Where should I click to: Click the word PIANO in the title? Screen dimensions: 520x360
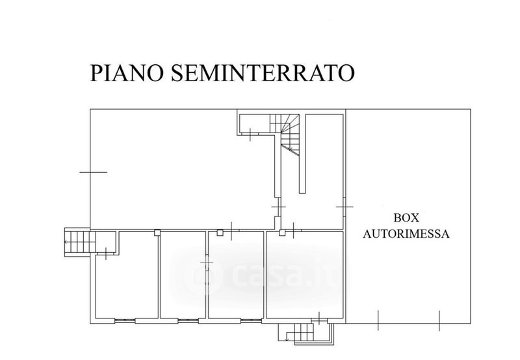127,73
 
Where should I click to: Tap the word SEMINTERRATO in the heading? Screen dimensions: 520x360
263,73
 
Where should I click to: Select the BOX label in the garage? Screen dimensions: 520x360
406,218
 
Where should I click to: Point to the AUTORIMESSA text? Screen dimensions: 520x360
406,234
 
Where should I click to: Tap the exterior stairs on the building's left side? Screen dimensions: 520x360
77,242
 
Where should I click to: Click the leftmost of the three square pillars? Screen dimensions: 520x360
157,233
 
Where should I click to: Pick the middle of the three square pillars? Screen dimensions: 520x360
220,233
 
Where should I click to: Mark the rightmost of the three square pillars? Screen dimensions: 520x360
282,233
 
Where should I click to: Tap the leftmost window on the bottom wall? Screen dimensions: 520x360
125,320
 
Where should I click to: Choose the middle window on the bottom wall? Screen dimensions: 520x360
188,320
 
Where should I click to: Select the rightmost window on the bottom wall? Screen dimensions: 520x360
251,320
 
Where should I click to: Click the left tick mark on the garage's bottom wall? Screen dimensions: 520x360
378,320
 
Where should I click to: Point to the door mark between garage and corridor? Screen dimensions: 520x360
344,207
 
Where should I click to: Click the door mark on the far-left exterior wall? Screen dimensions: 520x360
94,172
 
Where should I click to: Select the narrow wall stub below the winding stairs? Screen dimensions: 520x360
302,153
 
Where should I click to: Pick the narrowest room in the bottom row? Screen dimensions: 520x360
183,274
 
